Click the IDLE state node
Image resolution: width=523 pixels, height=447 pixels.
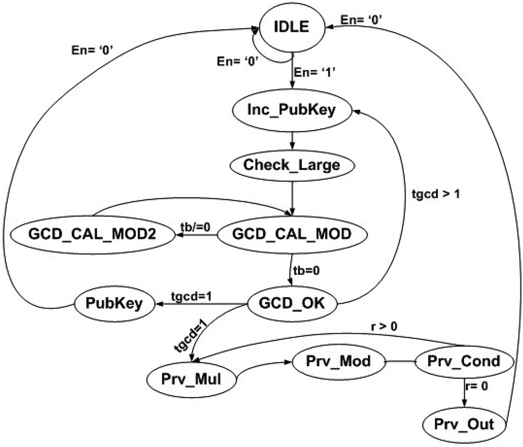[291, 27]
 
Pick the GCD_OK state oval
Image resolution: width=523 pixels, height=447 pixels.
[292, 303]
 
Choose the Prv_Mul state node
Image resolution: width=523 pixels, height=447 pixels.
[192, 379]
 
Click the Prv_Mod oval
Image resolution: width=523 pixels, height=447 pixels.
[338, 361]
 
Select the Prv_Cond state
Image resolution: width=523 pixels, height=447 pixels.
[463, 361]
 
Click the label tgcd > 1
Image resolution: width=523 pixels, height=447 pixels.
[435, 194]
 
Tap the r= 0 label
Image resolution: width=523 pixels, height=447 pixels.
[477, 386]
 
